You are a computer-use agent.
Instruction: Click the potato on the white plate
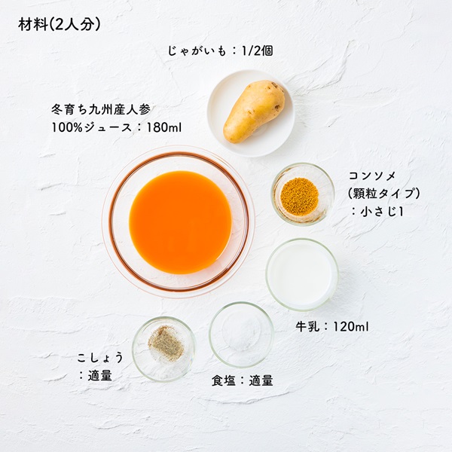point(254,111)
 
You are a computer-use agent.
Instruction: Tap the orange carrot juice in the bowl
point(181,222)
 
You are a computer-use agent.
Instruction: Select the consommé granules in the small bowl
point(299,194)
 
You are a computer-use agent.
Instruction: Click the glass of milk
point(302,274)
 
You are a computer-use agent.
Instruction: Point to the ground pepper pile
point(166,343)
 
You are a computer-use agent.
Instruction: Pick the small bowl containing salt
point(241,334)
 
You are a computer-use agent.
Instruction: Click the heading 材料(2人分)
point(60,25)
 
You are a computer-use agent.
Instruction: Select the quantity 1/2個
point(257,51)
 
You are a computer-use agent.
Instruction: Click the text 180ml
point(164,127)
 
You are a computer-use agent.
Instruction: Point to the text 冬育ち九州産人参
point(101,109)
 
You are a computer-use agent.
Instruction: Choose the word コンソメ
point(372,176)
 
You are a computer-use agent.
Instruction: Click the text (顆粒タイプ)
point(383,193)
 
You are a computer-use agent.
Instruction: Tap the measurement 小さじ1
point(381,212)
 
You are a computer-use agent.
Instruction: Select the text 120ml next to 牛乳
point(351,327)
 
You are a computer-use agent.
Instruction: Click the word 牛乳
point(307,327)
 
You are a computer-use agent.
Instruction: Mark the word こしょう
point(100,358)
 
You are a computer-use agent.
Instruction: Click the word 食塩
point(224,380)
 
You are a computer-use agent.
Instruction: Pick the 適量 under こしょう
point(99,375)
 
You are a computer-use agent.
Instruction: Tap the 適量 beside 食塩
point(261,380)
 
